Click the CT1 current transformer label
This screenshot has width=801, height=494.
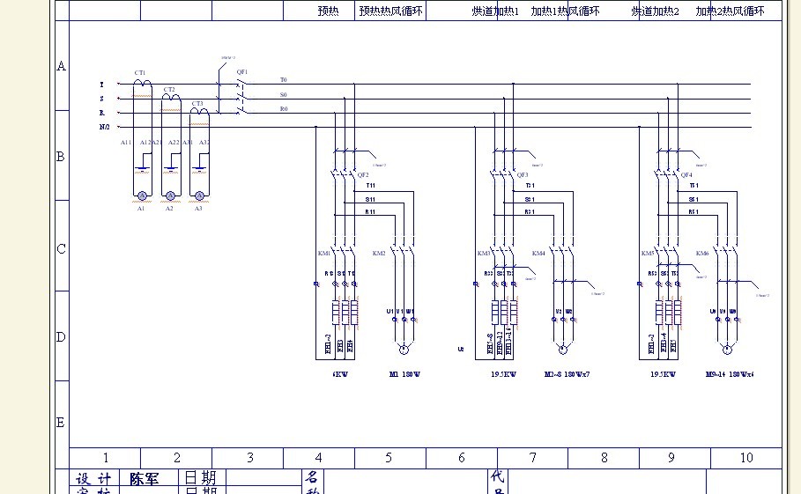[x=140, y=73]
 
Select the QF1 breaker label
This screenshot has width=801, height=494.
[x=242, y=71]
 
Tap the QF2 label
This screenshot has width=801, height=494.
[x=362, y=175]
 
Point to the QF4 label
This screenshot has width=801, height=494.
[x=686, y=175]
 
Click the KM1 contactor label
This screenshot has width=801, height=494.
[x=324, y=254]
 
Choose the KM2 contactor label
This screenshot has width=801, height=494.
[x=379, y=254]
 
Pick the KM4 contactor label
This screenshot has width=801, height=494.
[x=538, y=254]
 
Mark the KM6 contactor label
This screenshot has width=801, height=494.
[x=702, y=254]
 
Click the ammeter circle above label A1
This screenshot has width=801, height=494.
[x=141, y=195]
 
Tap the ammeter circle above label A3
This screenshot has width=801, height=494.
[x=199, y=195]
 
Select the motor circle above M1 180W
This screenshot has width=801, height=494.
[x=404, y=350]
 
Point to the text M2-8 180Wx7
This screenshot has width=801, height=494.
[x=566, y=374]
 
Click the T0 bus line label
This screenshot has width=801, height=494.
[x=284, y=80]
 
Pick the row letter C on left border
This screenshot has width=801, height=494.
[x=61, y=249]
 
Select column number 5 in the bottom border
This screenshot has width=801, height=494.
[x=389, y=458]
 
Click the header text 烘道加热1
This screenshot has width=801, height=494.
[x=495, y=11]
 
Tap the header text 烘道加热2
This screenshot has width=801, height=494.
[x=655, y=11]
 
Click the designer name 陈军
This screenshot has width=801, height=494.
[x=145, y=479]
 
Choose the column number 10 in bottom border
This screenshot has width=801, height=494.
[x=746, y=458]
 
